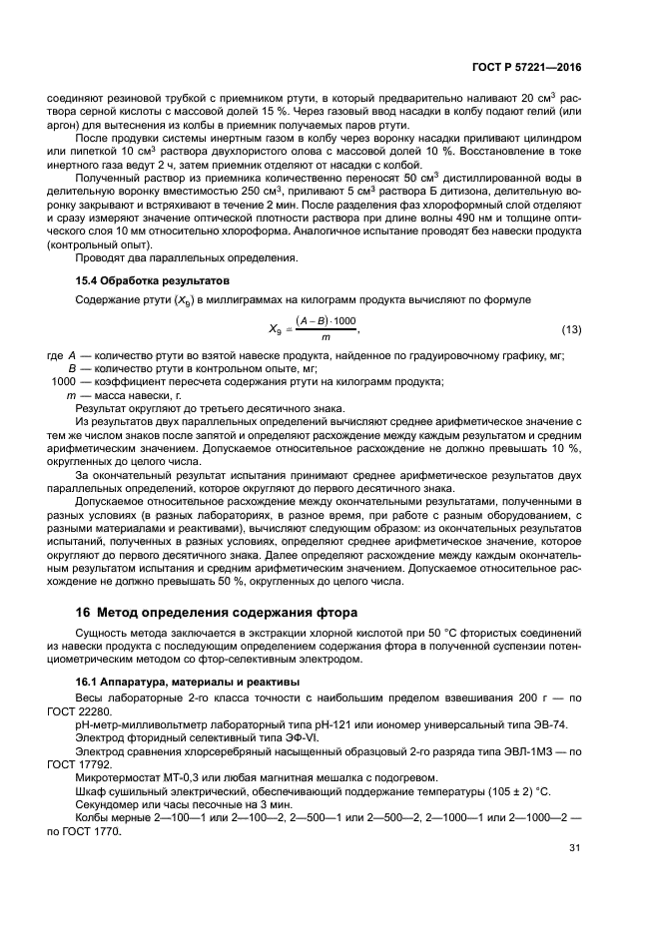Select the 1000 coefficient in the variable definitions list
62,382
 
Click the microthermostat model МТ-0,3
160,776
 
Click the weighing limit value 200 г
536,698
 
